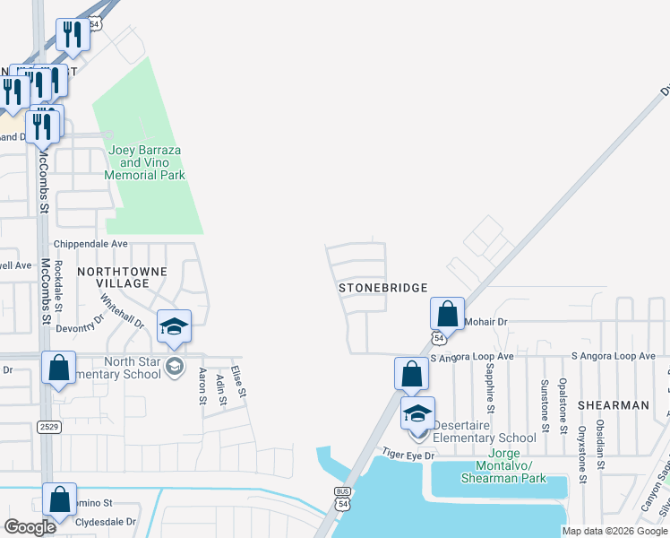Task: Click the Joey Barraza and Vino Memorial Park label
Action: [x=146, y=163]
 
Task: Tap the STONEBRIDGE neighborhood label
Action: [x=382, y=288]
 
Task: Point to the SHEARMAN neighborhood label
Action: [x=613, y=405]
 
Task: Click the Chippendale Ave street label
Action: [x=91, y=243]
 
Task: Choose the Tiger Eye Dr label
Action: [x=408, y=456]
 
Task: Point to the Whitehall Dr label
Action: [x=122, y=311]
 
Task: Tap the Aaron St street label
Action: [x=202, y=385]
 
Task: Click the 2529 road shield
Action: [x=49, y=427]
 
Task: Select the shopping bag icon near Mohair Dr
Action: [x=447, y=315]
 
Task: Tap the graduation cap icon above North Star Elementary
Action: [x=175, y=327]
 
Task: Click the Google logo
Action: [x=30, y=527]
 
